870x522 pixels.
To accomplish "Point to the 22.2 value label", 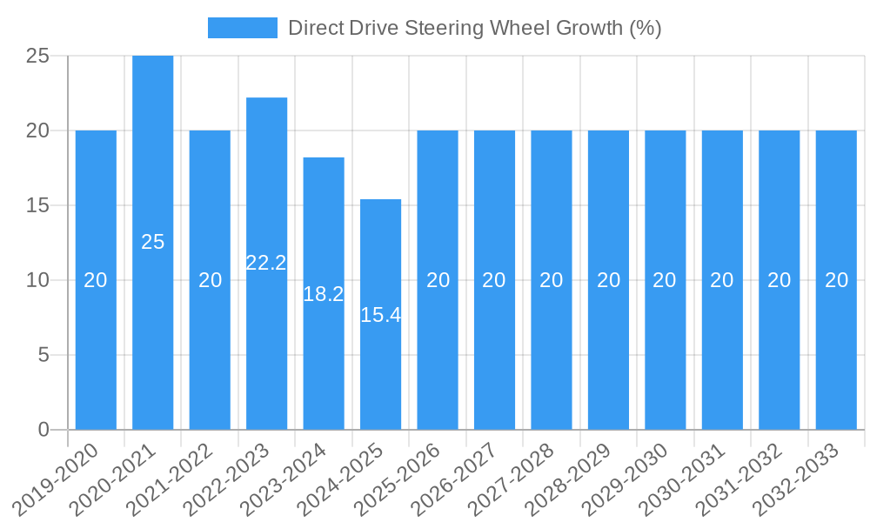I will [266, 263].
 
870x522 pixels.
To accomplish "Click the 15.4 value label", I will [380, 315].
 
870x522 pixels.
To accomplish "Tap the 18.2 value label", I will [324, 294].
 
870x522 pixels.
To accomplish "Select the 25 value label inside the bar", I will [153, 242].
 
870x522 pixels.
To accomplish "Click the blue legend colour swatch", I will [242, 28].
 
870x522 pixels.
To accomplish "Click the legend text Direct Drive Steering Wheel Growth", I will [474, 28].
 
